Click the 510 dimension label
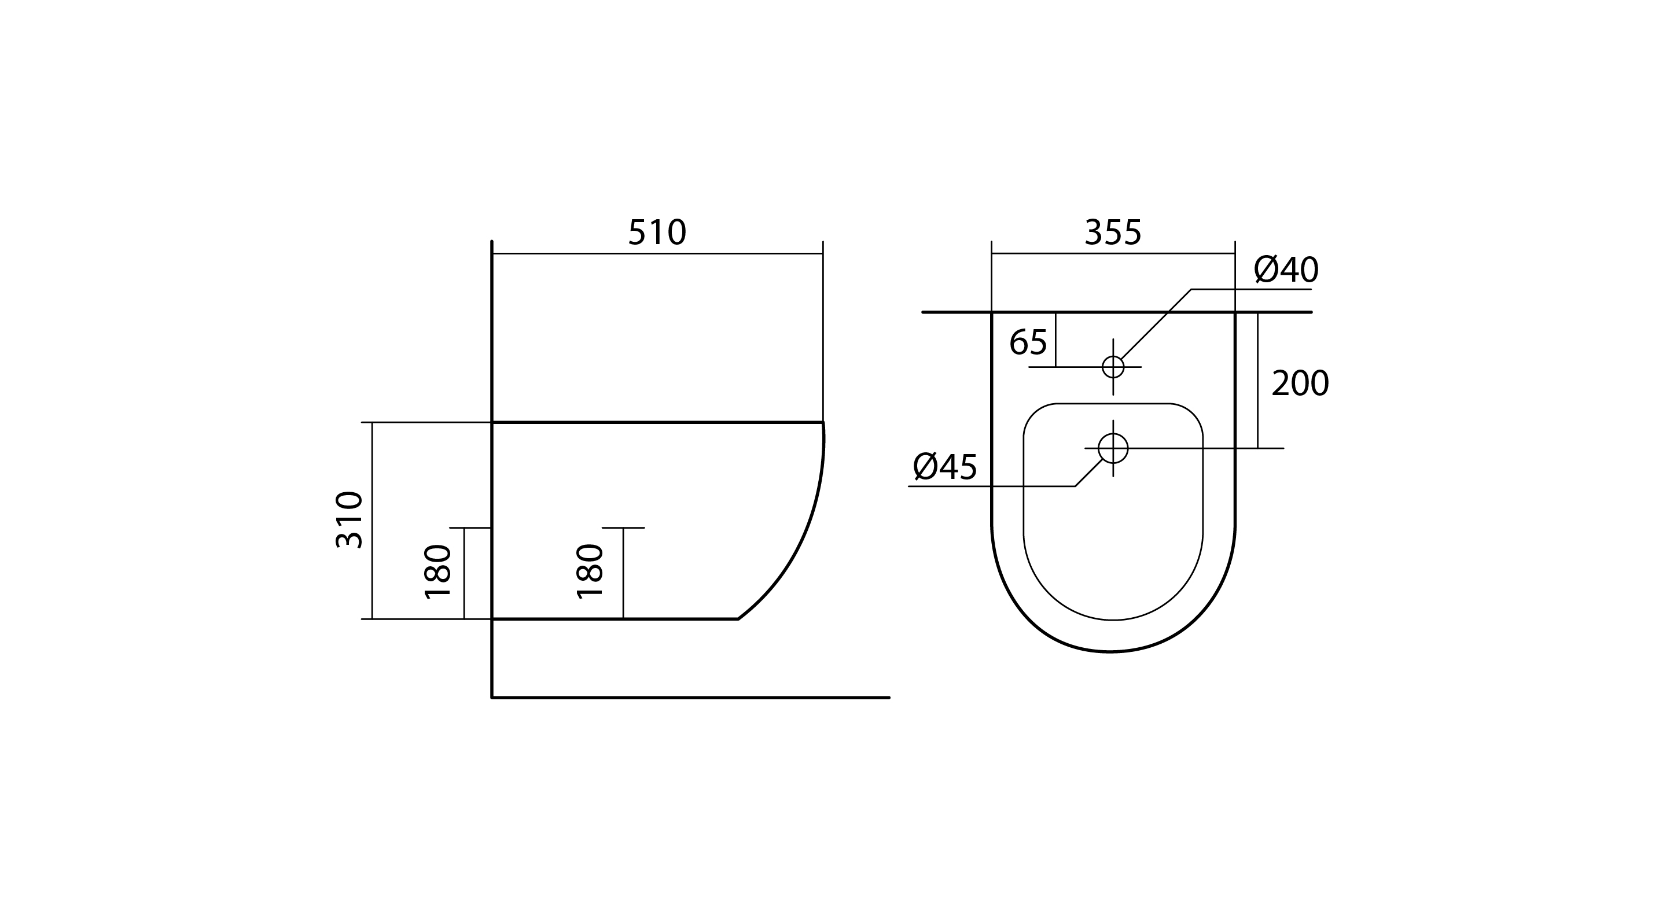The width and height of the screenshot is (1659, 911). pos(657,233)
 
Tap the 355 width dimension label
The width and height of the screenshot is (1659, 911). pos(1113,233)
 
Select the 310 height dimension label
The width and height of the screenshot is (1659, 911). pos(350,519)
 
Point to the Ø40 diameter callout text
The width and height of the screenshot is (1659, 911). pos(1285,270)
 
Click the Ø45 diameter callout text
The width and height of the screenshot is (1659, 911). pos(945,467)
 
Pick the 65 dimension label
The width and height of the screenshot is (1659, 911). pos(1028,342)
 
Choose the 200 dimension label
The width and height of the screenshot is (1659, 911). pos(1300,383)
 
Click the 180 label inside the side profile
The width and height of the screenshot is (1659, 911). pos(589,571)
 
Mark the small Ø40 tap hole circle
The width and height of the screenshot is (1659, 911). pos(1113,356)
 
